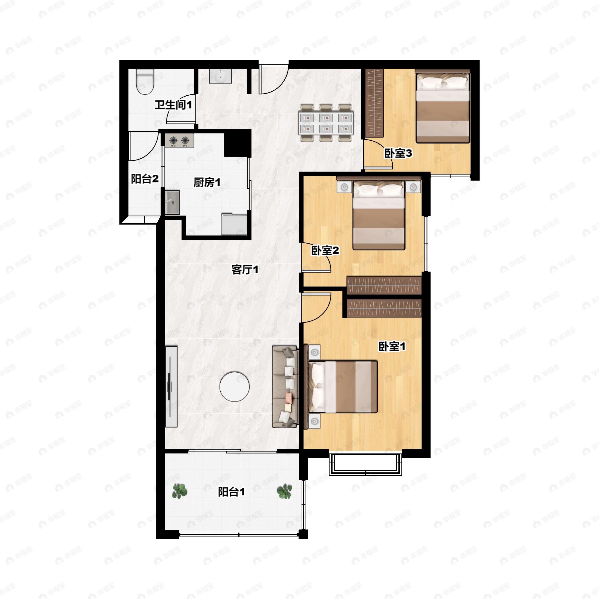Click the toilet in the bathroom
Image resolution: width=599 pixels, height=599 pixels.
point(145,82)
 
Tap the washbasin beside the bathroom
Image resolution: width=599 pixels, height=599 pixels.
point(220,76)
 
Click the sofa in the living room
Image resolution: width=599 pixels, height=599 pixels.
point(285,387)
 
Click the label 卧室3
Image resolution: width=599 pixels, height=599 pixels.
point(398,153)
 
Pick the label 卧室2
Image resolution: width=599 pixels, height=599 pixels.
point(325,251)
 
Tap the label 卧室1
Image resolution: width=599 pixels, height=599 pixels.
point(392,347)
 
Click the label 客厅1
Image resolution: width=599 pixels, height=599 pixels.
point(245,270)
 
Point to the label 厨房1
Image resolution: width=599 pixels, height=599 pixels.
point(207,182)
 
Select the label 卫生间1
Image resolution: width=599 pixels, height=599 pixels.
point(173,105)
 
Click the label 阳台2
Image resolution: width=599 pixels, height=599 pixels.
point(145,179)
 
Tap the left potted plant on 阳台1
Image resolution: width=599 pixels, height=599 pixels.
point(179,491)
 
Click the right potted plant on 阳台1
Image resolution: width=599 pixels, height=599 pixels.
point(284,491)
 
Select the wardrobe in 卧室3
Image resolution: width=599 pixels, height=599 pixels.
point(375,103)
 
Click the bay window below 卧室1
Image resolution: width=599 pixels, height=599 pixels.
point(366,464)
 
